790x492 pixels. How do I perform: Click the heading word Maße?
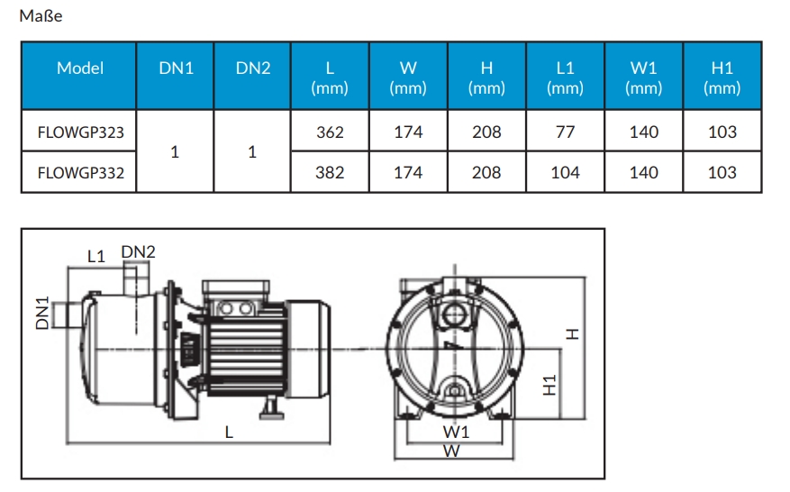tap(41, 16)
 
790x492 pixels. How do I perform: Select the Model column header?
tap(79, 68)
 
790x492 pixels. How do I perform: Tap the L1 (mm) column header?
tap(565, 77)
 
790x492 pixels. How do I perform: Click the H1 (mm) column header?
tap(722, 77)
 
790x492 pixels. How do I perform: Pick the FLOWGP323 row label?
tap(80, 132)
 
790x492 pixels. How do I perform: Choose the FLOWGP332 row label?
tap(80, 173)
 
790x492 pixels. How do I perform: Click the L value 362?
tap(330, 132)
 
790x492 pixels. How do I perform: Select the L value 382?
tap(330, 173)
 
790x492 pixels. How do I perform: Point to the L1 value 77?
tap(565, 132)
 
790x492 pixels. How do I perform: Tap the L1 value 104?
tap(565, 173)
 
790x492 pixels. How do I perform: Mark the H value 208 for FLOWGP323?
tap(486, 132)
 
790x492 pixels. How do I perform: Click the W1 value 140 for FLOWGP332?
tap(643, 173)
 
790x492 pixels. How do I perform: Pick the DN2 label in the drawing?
tap(138, 252)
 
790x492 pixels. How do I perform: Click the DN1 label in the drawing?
tap(42, 313)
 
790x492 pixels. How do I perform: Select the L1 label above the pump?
tap(96, 257)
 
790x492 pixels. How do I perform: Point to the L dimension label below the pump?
tap(230, 433)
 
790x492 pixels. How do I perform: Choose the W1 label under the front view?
tap(456, 433)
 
